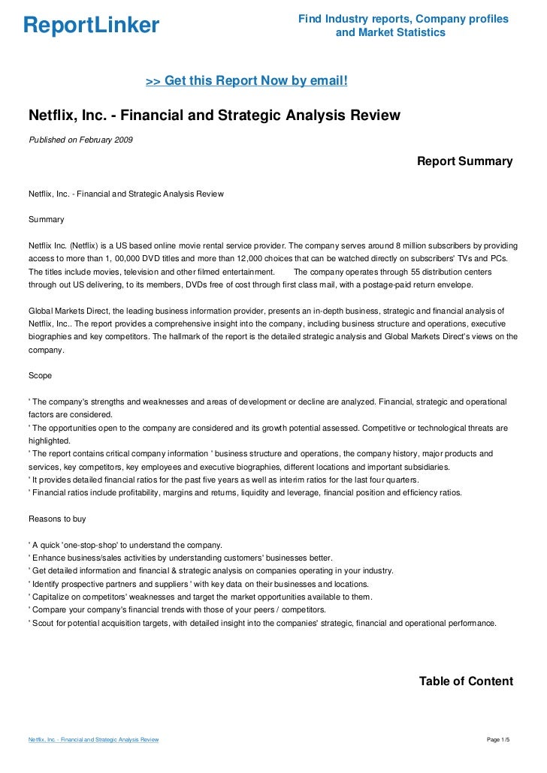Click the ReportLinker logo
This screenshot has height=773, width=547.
pos(91,26)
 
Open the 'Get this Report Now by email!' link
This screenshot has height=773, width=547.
pos(246,80)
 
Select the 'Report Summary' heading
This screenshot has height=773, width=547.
pos(464,161)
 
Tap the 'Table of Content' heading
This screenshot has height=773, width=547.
pos(465,681)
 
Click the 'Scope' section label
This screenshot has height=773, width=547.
pos(40,374)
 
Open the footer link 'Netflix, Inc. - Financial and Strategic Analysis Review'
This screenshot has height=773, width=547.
pos(93,740)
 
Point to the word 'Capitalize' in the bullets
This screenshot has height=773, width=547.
pos(50,597)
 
